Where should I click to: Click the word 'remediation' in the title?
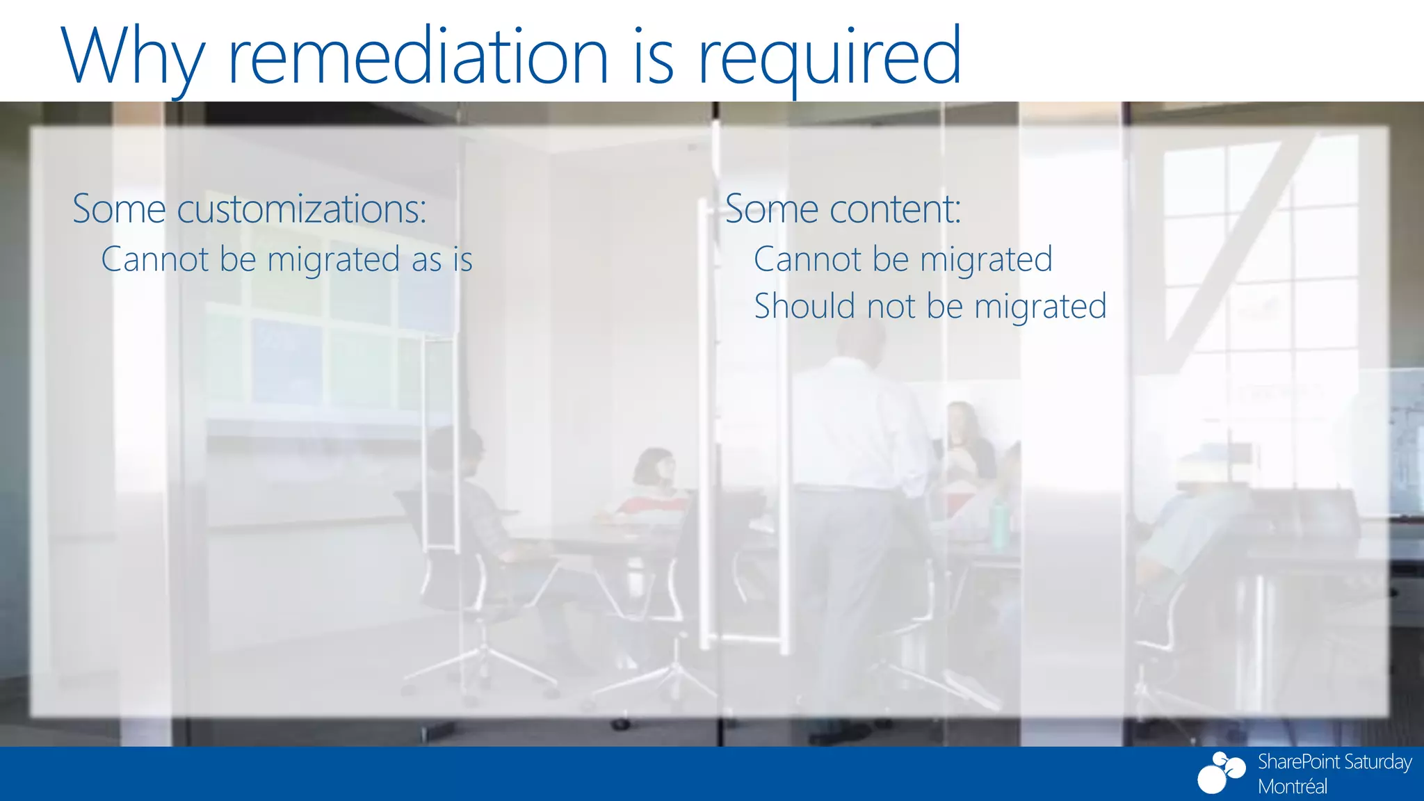418,56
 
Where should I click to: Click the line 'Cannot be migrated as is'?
286,260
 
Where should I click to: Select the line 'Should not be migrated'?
930,307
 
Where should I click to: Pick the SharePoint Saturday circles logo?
1221,772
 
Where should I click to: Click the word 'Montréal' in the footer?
1292,786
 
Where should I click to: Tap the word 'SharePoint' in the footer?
1297,762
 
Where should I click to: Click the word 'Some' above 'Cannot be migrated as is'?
119,209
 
